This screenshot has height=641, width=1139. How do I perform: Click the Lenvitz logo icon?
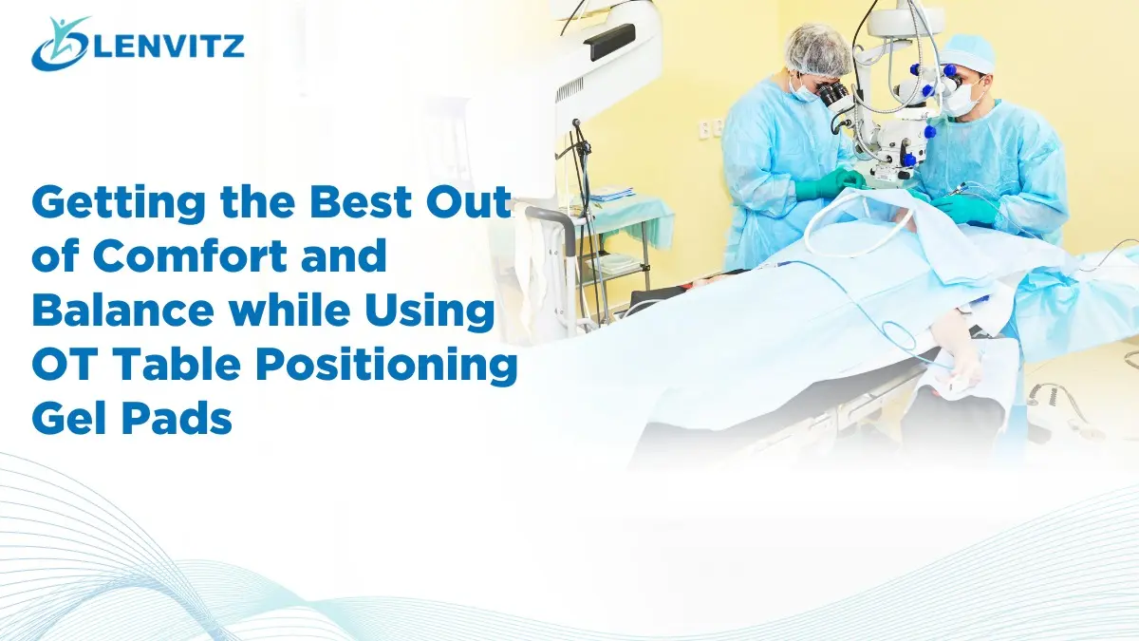(59, 44)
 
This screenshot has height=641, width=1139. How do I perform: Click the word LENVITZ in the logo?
(167, 45)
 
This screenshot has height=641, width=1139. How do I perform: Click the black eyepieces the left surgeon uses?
(834, 95)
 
